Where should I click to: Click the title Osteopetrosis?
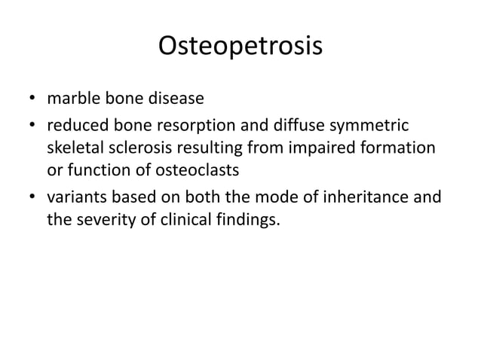click(x=240, y=46)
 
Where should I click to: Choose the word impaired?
click(x=326, y=148)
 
